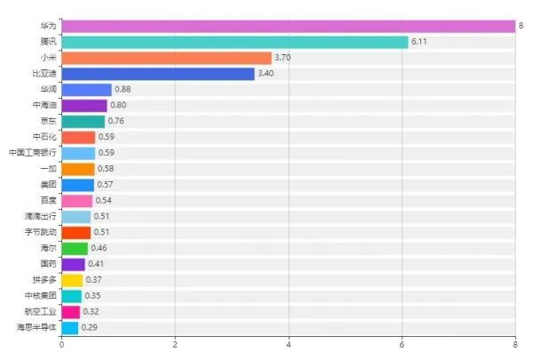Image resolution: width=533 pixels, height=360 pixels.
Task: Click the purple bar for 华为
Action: [289, 26]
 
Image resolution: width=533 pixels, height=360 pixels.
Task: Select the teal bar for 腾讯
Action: [235, 42]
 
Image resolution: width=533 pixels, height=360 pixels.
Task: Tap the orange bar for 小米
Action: [166, 58]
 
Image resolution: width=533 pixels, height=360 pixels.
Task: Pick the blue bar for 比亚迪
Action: [158, 74]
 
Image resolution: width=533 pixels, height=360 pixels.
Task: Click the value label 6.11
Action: [419, 42]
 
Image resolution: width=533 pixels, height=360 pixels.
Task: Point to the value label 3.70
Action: [283, 58]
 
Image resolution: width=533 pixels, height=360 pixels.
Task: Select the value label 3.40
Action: [266, 74]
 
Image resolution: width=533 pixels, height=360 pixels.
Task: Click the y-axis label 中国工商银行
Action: [33, 153]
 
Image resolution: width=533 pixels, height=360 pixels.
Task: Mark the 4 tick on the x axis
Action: [289, 344]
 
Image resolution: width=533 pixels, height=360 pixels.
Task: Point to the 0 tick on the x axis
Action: [61, 344]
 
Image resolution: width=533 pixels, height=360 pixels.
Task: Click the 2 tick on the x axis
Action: [175, 344]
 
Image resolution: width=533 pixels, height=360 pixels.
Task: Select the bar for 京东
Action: [83, 121]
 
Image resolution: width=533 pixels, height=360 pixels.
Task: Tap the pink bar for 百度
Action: [76, 201]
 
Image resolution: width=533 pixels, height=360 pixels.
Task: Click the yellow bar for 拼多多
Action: [72, 280]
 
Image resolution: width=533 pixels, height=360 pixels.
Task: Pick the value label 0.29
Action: [89, 327]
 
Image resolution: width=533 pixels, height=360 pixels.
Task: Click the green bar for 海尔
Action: [75, 248]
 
